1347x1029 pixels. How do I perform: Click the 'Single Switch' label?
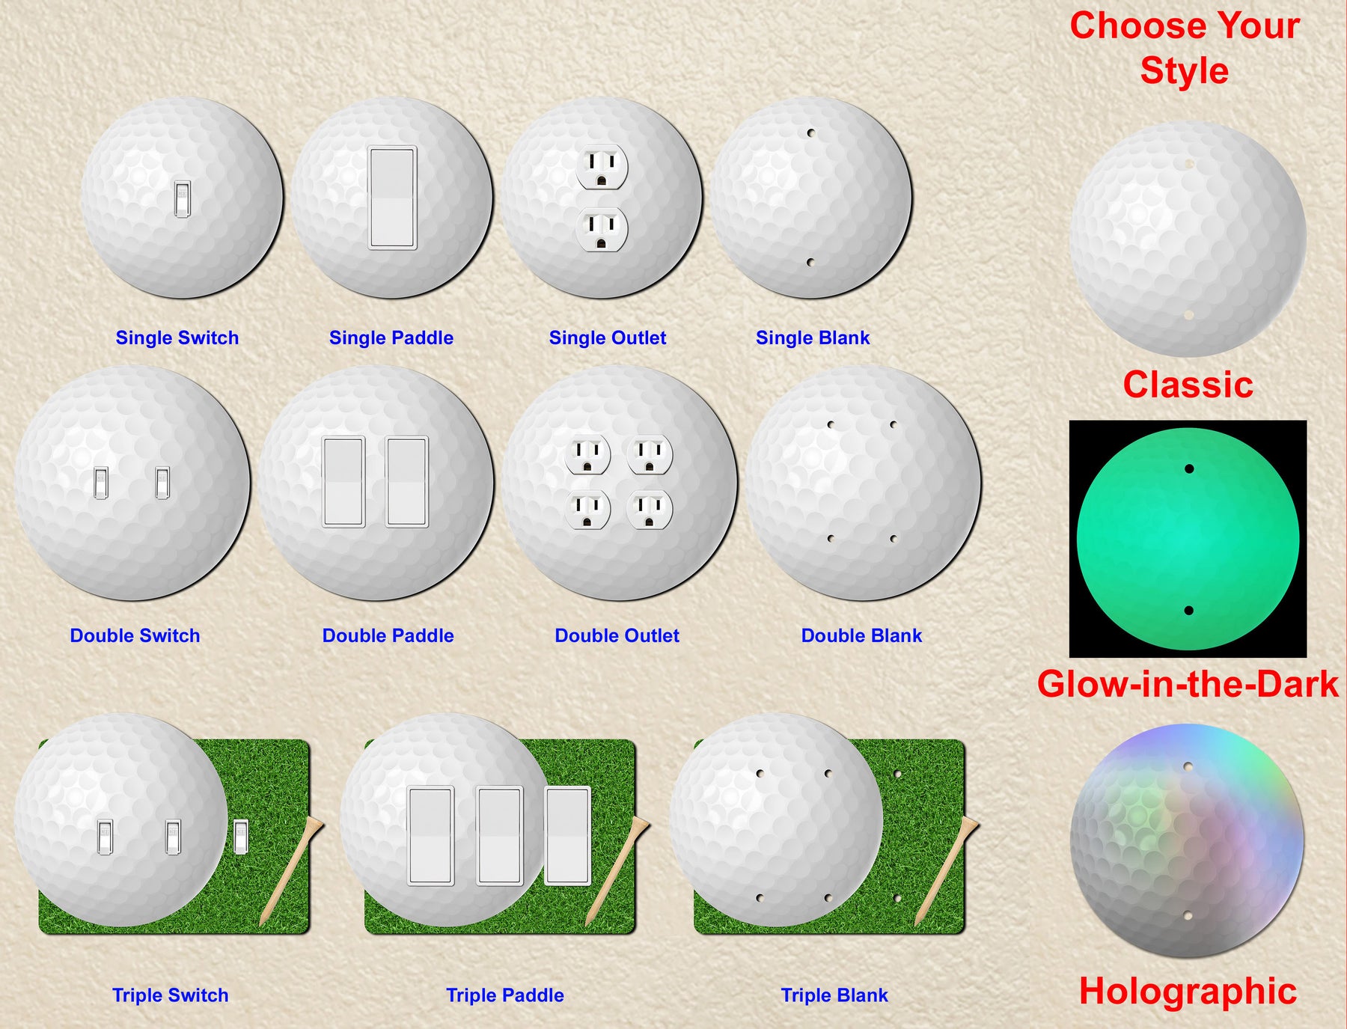(x=177, y=338)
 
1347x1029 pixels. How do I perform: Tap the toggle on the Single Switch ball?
(x=182, y=199)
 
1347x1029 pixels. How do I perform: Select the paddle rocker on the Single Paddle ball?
(x=392, y=198)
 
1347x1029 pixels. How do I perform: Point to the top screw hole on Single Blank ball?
(x=810, y=133)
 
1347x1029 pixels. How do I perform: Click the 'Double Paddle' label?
(x=388, y=635)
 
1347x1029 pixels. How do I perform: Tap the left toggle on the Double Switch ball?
(x=101, y=483)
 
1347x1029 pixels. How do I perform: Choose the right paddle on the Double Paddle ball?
(x=407, y=482)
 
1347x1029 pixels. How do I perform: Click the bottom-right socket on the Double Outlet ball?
(x=650, y=509)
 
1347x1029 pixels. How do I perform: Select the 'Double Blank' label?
(x=861, y=635)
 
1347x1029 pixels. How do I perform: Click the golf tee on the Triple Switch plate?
(x=291, y=870)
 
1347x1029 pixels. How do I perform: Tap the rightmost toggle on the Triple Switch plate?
(x=241, y=837)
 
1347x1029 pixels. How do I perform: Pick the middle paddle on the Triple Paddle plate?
(x=500, y=835)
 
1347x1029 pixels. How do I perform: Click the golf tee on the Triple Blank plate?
(x=947, y=870)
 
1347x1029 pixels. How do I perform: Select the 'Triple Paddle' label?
(x=505, y=995)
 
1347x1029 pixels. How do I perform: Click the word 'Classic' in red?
(x=1188, y=385)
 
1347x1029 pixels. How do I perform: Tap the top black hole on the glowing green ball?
(x=1189, y=469)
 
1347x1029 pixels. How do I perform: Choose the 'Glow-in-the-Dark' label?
(x=1188, y=684)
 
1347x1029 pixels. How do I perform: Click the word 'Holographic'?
(x=1188, y=992)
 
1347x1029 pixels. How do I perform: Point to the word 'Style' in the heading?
(x=1184, y=71)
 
